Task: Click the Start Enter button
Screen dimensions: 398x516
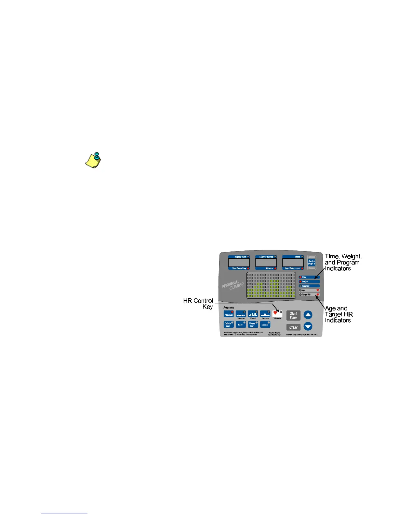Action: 293,315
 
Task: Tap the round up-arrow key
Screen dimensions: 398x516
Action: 308,315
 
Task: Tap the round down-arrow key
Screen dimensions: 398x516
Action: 308,326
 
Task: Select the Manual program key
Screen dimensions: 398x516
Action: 229,314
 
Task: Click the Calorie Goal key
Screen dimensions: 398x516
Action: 228,324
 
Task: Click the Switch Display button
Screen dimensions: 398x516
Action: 311,263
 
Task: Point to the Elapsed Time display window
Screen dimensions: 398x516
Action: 239,263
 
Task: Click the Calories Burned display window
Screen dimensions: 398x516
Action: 266,263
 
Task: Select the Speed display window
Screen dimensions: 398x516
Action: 293,263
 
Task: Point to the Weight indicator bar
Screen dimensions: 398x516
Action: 309,281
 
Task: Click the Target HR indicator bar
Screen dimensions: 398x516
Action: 309,294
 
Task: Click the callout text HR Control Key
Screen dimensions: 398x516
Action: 198,304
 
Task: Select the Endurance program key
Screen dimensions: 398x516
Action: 265,314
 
